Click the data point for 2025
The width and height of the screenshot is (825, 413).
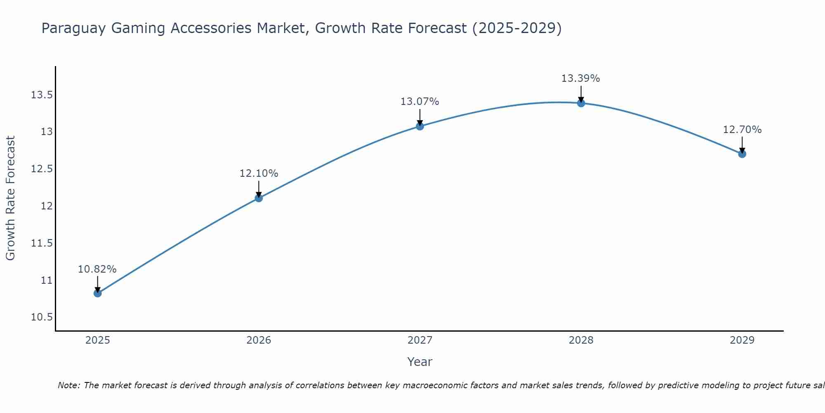click(98, 293)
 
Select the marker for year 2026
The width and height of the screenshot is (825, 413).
click(259, 198)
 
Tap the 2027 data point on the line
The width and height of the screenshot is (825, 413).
click(420, 126)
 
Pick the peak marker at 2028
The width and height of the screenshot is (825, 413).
click(581, 103)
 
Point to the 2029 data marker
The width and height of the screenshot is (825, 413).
click(742, 154)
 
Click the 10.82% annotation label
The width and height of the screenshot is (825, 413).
click(97, 269)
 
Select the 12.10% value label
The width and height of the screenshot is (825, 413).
click(259, 173)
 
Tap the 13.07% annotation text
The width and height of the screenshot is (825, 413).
click(420, 102)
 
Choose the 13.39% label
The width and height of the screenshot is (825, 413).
click(580, 78)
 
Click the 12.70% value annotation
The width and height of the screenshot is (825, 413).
click(742, 130)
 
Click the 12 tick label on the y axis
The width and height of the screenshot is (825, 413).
click(47, 206)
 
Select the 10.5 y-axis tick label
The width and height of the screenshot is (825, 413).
click(42, 317)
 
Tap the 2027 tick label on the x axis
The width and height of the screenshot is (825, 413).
click(420, 340)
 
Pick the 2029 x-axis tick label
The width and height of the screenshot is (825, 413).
click(742, 340)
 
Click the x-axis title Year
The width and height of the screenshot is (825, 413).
click(420, 362)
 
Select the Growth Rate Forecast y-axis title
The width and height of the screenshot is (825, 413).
click(11, 198)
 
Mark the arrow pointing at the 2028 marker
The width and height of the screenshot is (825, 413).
click(581, 94)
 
